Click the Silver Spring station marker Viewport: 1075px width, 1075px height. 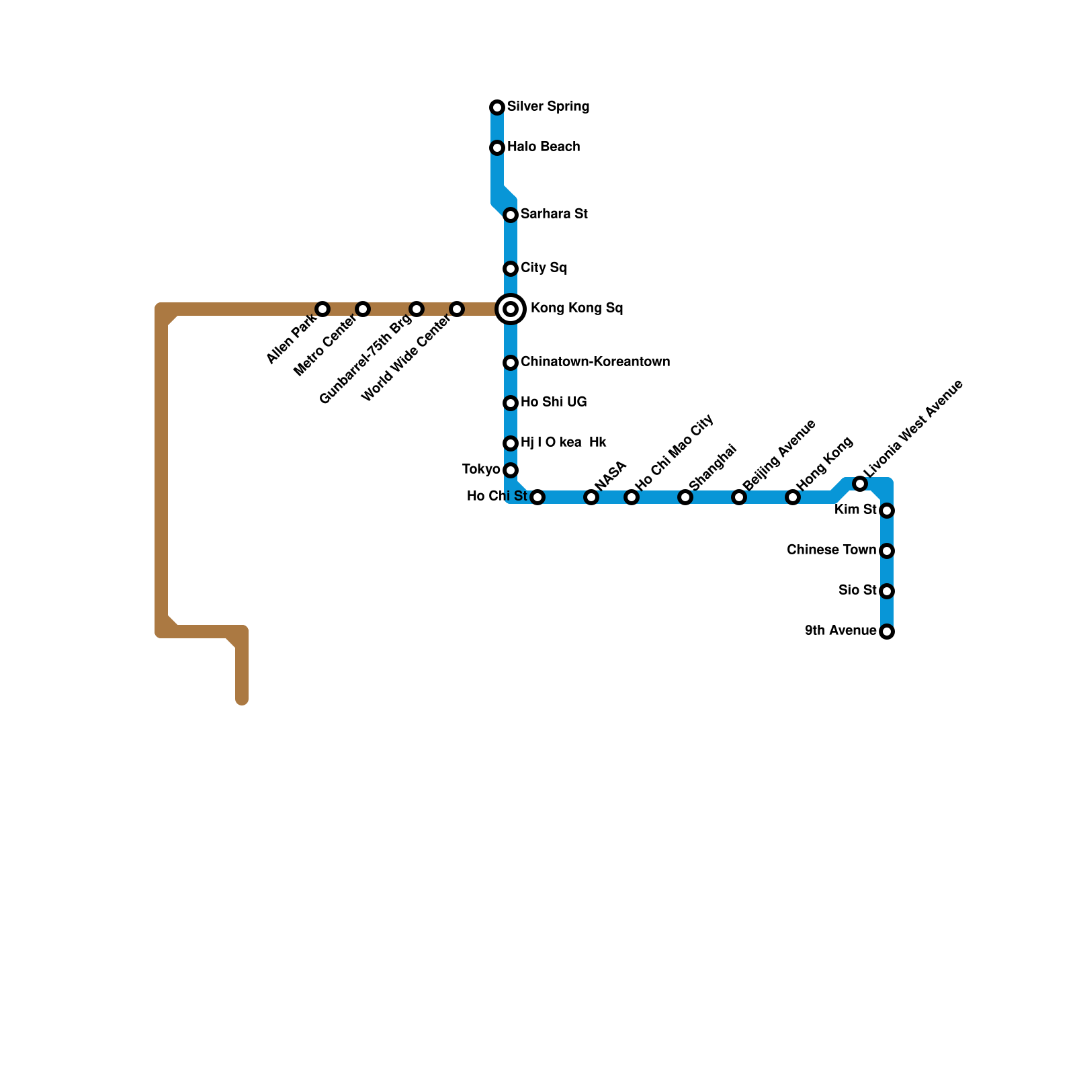(497, 107)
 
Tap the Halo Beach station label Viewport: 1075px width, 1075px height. (544, 147)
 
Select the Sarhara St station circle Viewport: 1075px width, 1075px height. (511, 215)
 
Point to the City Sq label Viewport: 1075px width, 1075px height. (544, 268)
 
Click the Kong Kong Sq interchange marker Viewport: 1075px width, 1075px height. (511, 309)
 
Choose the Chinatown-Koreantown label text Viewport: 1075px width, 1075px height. (595, 362)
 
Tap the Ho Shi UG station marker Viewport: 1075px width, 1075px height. (511, 403)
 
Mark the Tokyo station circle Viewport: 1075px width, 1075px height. (511, 470)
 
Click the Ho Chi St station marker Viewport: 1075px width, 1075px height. (537, 497)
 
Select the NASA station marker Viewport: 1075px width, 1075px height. (591, 497)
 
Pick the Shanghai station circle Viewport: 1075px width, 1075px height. (685, 497)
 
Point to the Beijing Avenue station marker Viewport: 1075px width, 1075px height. (739, 497)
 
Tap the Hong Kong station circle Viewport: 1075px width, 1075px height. (793, 497)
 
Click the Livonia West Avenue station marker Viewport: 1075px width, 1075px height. (860, 484)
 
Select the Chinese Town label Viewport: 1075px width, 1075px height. (831, 550)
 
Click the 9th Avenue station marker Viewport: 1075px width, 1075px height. (887, 632)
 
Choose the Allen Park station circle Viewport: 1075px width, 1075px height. (322, 309)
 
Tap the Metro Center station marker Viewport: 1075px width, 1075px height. (363, 309)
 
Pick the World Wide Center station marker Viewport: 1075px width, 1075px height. (457, 309)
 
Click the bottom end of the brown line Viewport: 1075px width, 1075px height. (242, 700)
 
